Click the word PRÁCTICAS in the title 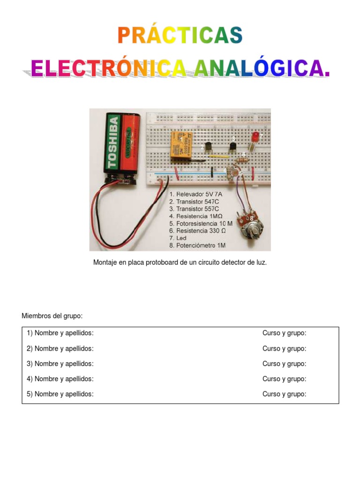[x=180, y=36]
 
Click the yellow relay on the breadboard [x=180, y=146]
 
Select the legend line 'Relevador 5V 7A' [x=196, y=194]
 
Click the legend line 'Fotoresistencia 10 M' [x=201, y=224]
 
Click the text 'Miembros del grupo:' [x=52, y=316]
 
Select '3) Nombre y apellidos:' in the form [x=60, y=364]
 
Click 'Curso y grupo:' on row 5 [x=284, y=394]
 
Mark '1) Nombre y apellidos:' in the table [x=60, y=333]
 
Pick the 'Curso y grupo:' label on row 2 [x=284, y=349]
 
